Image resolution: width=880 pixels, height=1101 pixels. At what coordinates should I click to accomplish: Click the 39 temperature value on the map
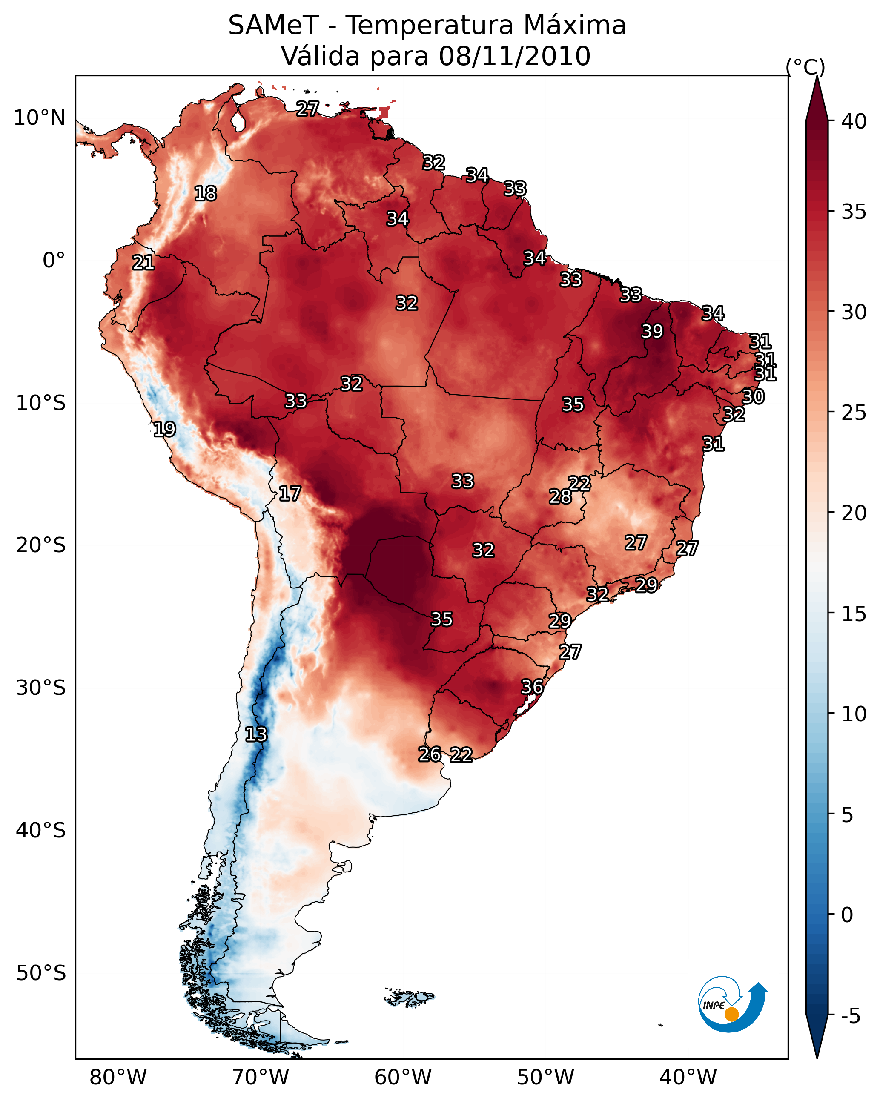652,331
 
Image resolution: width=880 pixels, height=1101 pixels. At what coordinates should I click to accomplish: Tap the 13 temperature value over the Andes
256,734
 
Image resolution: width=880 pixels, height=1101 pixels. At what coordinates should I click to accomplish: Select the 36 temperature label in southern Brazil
532,687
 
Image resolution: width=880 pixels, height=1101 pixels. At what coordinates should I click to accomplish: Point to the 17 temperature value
290,493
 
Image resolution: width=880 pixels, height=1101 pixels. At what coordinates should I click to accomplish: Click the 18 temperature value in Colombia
205,194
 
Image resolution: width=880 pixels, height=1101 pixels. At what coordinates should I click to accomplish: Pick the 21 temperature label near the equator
143,263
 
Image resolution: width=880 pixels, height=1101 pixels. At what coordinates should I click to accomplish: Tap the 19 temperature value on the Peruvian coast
164,429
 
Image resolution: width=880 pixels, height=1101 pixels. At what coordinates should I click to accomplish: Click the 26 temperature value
430,754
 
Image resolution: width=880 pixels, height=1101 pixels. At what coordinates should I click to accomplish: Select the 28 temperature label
560,496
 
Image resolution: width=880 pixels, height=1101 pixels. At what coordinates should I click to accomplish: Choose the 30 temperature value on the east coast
753,396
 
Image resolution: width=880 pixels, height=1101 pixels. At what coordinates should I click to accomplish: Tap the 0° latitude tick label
54,261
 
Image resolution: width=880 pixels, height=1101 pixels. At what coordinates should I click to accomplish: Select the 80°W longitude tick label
118,1077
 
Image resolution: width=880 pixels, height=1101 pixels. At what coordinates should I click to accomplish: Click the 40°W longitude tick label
688,1077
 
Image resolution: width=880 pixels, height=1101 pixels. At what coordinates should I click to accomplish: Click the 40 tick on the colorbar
854,121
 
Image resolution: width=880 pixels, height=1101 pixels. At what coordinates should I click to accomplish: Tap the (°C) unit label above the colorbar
805,67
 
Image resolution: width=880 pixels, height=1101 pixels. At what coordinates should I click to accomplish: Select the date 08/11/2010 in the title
514,56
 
